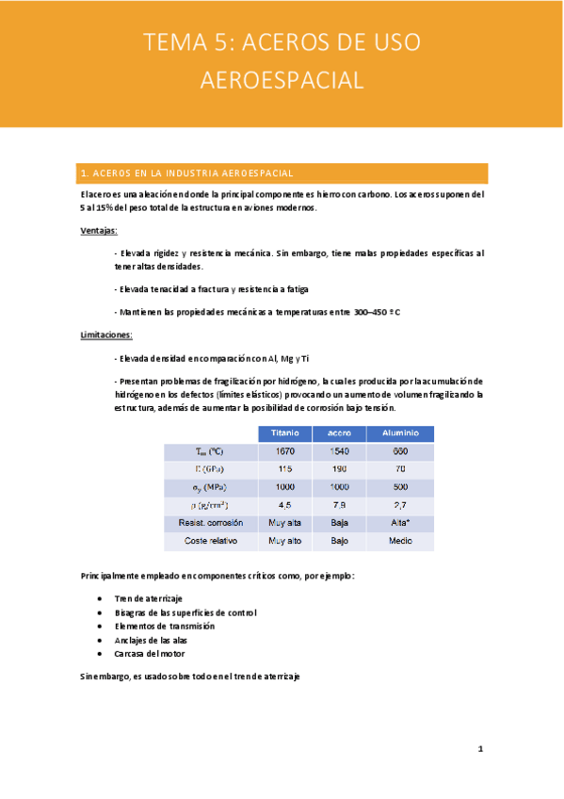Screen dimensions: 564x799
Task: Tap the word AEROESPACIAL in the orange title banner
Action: point(282,79)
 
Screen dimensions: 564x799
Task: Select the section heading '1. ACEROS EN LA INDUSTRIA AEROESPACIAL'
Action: point(188,173)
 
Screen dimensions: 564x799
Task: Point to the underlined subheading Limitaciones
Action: point(105,334)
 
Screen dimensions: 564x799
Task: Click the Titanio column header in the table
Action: point(284,432)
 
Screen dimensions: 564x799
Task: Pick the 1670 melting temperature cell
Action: point(284,451)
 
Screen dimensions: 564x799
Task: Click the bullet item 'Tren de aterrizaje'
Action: point(148,599)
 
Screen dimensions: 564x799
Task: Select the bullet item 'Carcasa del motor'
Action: point(149,653)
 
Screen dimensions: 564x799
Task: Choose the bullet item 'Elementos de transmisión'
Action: point(164,626)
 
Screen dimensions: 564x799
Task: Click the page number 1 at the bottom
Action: point(480,750)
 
